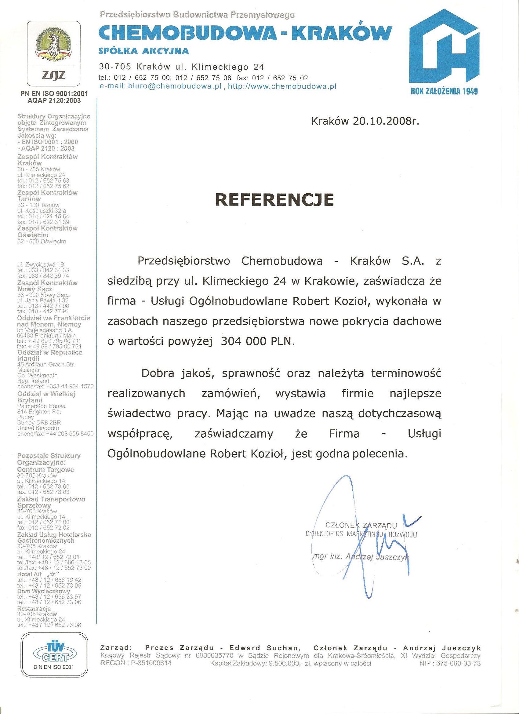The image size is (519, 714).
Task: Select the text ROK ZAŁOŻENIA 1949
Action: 444,92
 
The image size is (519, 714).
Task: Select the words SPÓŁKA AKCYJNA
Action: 144,51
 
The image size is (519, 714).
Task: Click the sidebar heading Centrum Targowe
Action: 45,469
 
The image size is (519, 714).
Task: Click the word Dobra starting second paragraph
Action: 157,373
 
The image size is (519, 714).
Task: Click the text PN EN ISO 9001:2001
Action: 54,94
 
